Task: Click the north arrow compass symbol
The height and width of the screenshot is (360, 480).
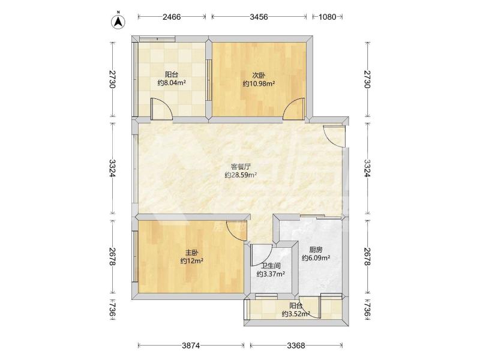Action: tap(118, 22)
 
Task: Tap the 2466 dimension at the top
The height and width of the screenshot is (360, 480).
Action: tap(172, 17)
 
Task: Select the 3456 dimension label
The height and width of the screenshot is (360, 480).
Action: tap(259, 17)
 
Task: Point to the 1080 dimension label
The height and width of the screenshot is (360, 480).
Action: tap(327, 17)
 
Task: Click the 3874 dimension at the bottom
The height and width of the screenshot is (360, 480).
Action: tap(191, 346)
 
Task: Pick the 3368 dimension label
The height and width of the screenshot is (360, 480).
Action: tap(296, 346)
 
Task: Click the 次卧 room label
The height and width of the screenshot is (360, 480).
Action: tap(259, 76)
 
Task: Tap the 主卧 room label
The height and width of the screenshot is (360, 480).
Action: tap(192, 253)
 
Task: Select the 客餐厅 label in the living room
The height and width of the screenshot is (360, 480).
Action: tap(241, 167)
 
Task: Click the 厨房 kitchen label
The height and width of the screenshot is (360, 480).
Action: tap(316, 250)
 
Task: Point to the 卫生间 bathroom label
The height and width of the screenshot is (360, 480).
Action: tap(271, 266)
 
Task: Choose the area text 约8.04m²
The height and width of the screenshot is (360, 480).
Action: tap(172, 83)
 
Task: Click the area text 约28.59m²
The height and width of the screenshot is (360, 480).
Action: tap(241, 175)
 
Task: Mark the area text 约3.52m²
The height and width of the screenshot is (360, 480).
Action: tap(296, 314)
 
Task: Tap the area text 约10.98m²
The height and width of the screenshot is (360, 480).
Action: tap(259, 83)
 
